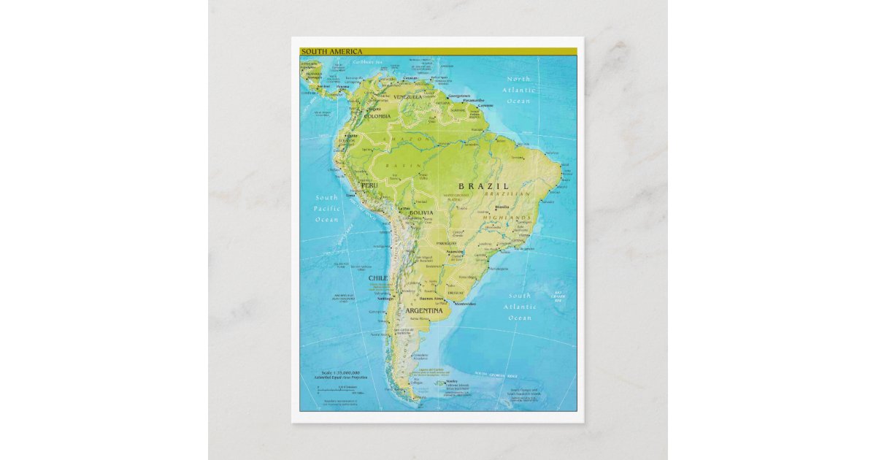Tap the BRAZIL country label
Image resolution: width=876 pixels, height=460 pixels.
point(483,186)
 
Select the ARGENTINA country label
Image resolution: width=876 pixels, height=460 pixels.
point(420,310)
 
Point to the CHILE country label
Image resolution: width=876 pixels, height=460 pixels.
point(377,278)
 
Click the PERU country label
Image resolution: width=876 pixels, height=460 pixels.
point(369,186)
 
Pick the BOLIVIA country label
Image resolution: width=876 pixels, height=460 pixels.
point(421,212)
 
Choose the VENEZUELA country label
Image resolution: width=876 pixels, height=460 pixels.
point(408,96)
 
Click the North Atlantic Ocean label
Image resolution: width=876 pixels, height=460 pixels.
point(519,90)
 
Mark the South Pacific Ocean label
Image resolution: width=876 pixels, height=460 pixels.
point(326,208)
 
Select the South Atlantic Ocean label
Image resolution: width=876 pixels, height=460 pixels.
point(520,307)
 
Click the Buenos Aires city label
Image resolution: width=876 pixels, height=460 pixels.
point(429,299)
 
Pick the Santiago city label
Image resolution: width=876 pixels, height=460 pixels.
point(386,298)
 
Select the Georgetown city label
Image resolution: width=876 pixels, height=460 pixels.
point(459,96)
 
